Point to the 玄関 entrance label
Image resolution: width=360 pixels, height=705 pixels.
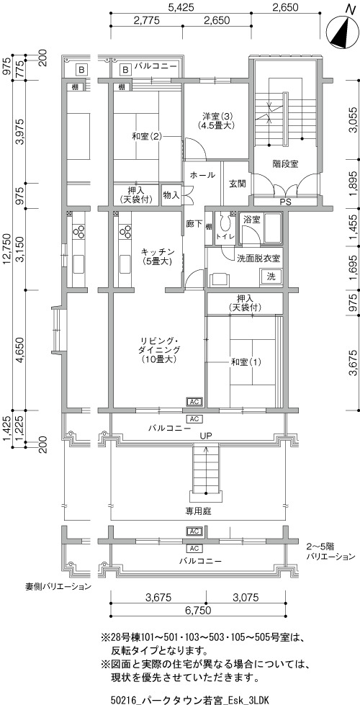click(x=237, y=184)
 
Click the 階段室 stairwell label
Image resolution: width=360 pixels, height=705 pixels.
click(x=285, y=163)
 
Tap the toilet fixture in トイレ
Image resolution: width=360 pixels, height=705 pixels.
click(x=224, y=223)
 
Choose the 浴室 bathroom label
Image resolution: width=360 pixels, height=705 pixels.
click(x=251, y=220)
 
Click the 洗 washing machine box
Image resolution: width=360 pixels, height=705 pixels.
click(x=271, y=276)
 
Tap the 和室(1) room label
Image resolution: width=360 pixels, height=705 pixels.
click(x=246, y=362)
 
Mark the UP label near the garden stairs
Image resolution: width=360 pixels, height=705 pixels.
click(x=207, y=436)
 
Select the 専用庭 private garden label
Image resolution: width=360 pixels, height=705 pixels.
click(x=199, y=511)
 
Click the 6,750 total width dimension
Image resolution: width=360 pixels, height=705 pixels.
click(x=198, y=610)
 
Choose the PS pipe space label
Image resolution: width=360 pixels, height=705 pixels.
click(x=285, y=202)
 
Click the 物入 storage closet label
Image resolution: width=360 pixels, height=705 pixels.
click(x=171, y=195)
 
